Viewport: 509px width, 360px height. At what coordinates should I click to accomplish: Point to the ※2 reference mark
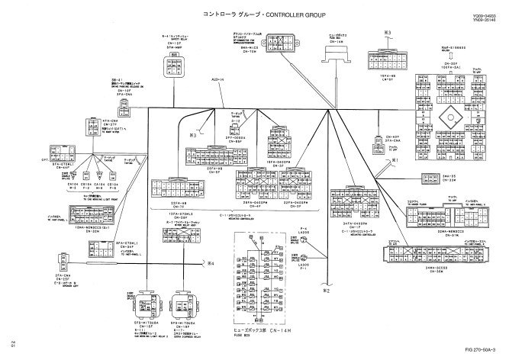pyautogui.click(x=327, y=290)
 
